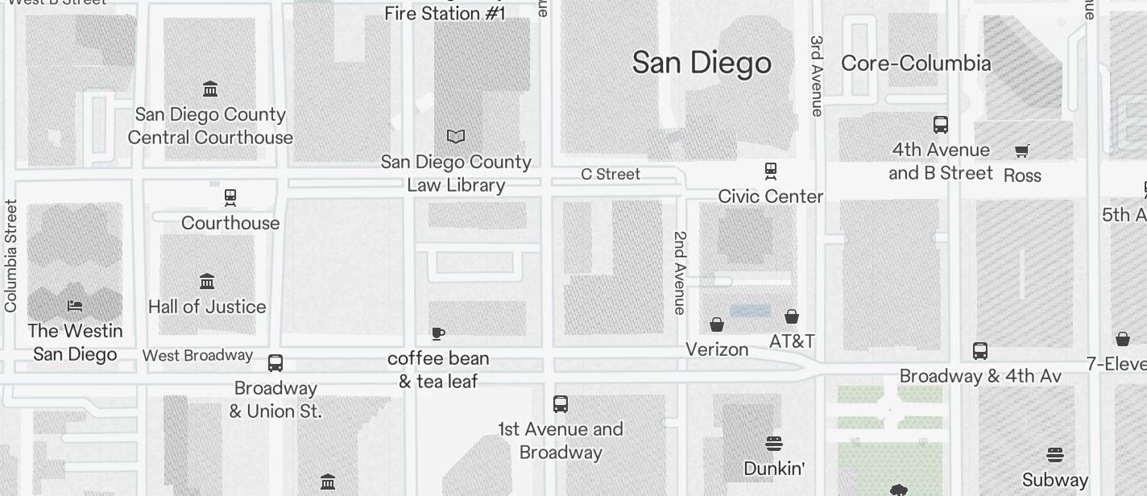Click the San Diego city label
coord(702,63)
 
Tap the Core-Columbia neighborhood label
coord(916,64)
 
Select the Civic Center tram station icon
coord(771,171)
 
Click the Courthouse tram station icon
coord(230,197)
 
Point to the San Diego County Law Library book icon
coord(456,137)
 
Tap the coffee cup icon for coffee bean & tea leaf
coord(438,333)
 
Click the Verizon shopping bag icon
coord(717,324)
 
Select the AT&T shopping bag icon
coord(792,316)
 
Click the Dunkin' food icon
coord(774,444)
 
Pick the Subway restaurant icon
coord(1054,455)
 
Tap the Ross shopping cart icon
coord(1022,151)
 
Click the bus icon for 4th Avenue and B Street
coord(940,125)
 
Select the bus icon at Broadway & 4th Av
coord(980,351)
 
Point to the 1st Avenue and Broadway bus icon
coord(561,404)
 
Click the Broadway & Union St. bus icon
coord(275,363)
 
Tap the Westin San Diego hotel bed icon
coord(75,306)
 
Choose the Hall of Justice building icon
coord(207,282)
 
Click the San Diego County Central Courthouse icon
coord(210,89)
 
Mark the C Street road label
coord(611,175)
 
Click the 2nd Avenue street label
coord(681,272)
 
